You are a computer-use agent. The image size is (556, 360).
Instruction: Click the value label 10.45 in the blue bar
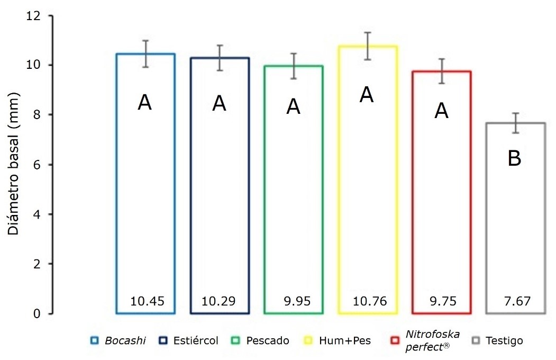click(x=147, y=302)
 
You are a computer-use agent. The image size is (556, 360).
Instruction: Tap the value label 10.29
click(x=219, y=302)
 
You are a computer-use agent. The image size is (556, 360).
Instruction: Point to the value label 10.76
click(x=370, y=302)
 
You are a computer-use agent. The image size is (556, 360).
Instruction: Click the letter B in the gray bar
click(x=514, y=158)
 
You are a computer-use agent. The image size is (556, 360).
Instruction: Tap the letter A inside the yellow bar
click(x=367, y=95)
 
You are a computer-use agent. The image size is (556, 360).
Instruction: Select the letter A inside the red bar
click(x=441, y=111)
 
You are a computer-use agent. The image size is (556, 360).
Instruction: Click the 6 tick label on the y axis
click(x=37, y=165)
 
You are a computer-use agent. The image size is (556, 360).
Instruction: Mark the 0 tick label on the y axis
click(x=37, y=314)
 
